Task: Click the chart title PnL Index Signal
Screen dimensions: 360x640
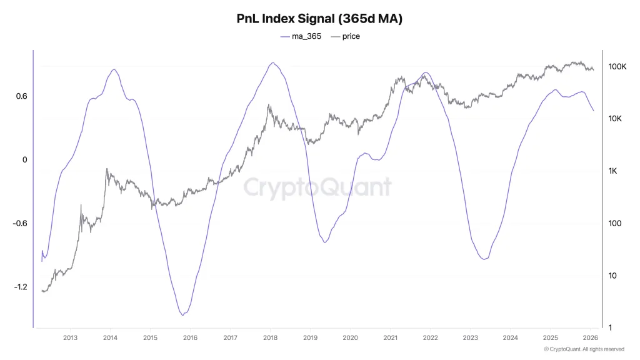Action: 319,19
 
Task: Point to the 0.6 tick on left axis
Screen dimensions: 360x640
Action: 21,96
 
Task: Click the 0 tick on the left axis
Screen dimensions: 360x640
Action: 24,160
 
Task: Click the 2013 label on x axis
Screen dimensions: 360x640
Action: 70,337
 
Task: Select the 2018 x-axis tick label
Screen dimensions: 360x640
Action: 270,337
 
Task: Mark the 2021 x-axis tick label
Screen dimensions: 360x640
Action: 390,337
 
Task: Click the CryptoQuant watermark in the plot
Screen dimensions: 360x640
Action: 317,187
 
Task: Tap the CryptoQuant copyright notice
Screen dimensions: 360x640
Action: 584,349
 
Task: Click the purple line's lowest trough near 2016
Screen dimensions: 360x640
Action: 182,315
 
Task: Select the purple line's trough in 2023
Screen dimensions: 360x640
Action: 484,259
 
